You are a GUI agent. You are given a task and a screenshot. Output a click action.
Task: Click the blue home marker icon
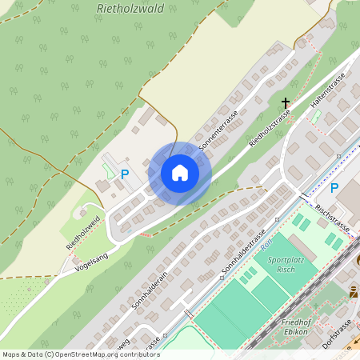180,173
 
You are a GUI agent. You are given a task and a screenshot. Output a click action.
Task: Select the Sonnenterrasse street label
218,132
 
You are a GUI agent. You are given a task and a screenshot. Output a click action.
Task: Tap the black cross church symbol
286,102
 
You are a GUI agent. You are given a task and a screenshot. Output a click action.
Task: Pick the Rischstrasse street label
333,218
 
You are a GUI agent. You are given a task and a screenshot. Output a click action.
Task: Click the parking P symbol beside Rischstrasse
334,188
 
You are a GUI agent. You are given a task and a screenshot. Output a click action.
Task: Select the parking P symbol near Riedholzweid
124,174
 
